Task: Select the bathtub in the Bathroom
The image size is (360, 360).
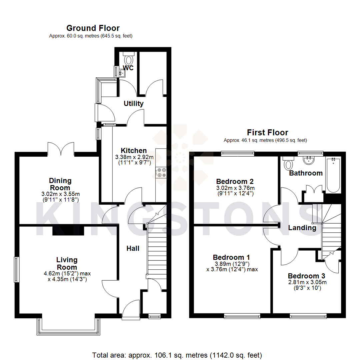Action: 333,176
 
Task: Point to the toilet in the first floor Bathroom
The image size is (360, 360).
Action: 288,163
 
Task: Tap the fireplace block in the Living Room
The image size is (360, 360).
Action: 68,230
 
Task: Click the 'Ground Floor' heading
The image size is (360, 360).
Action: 93,28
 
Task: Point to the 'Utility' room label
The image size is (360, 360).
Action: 134,104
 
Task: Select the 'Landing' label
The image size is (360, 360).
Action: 302,228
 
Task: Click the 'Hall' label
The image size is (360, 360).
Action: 133,248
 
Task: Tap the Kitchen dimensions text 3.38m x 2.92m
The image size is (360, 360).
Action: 134,157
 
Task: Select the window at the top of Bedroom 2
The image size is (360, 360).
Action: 237,154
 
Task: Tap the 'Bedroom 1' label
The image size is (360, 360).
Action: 231,257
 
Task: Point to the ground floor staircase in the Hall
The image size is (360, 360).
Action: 157,250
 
